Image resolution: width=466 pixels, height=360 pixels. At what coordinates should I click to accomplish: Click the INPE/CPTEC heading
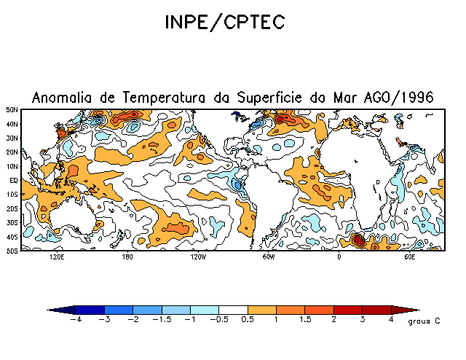click(x=224, y=23)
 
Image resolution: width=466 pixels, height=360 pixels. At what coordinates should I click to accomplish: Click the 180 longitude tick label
click(x=127, y=257)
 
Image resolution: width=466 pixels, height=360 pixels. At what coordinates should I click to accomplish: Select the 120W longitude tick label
click(x=197, y=257)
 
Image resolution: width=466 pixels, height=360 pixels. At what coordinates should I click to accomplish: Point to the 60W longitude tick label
click(x=268, y=257)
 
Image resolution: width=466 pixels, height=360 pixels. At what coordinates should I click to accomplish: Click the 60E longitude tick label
click(x=409, y=257)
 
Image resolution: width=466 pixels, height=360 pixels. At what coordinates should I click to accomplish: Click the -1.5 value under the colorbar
click(x=162, y=319)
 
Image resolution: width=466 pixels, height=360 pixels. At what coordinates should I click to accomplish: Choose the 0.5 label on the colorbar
click(x=248, y=319)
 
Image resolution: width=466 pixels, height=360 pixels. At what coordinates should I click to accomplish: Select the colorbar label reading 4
click(x=392, y=319)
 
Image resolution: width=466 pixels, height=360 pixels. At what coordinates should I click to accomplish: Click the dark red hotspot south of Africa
click(x=358, y=238)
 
